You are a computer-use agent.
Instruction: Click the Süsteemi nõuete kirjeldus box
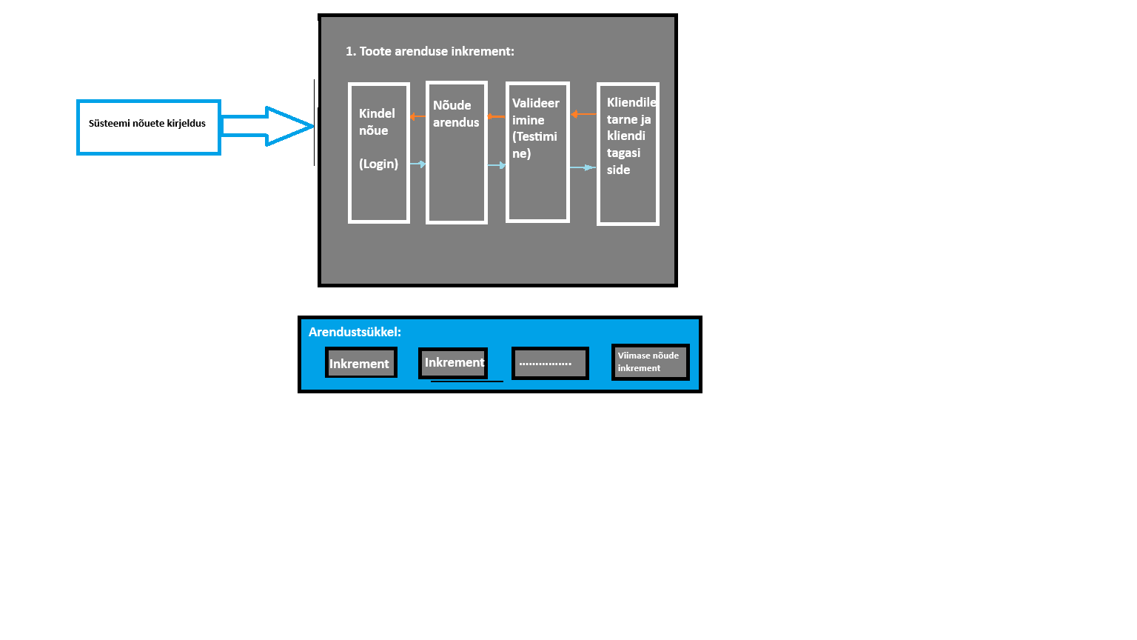pos(148,127)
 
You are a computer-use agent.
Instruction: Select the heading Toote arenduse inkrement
pos(429,51)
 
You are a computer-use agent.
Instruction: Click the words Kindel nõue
pos(376,122)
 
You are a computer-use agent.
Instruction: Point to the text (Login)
pos(378,164)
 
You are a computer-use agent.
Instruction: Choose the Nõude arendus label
pos(455,114)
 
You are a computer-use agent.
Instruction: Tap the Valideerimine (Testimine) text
pos(535,128)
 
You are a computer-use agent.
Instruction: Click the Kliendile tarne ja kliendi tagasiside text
pos(628,136)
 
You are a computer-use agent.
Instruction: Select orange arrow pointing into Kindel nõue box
pos(417,116)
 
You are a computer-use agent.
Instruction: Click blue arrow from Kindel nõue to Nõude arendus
pos(418,164)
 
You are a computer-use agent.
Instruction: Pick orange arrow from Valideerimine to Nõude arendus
pos(496,116)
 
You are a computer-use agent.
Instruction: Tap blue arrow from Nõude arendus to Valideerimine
pos(497,165)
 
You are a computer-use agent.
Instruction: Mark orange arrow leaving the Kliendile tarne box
pos(583,114)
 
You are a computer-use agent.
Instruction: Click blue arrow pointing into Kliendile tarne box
pos(583,167)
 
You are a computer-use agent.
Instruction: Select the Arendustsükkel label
pos(355,332)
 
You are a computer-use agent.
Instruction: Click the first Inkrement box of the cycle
pos(360,363)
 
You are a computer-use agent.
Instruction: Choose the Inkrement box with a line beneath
pos(453,363)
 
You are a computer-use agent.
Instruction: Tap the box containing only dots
pos(549,364)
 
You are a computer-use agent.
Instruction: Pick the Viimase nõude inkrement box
pos(650,361)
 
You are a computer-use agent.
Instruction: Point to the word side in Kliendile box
pos(618,170)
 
